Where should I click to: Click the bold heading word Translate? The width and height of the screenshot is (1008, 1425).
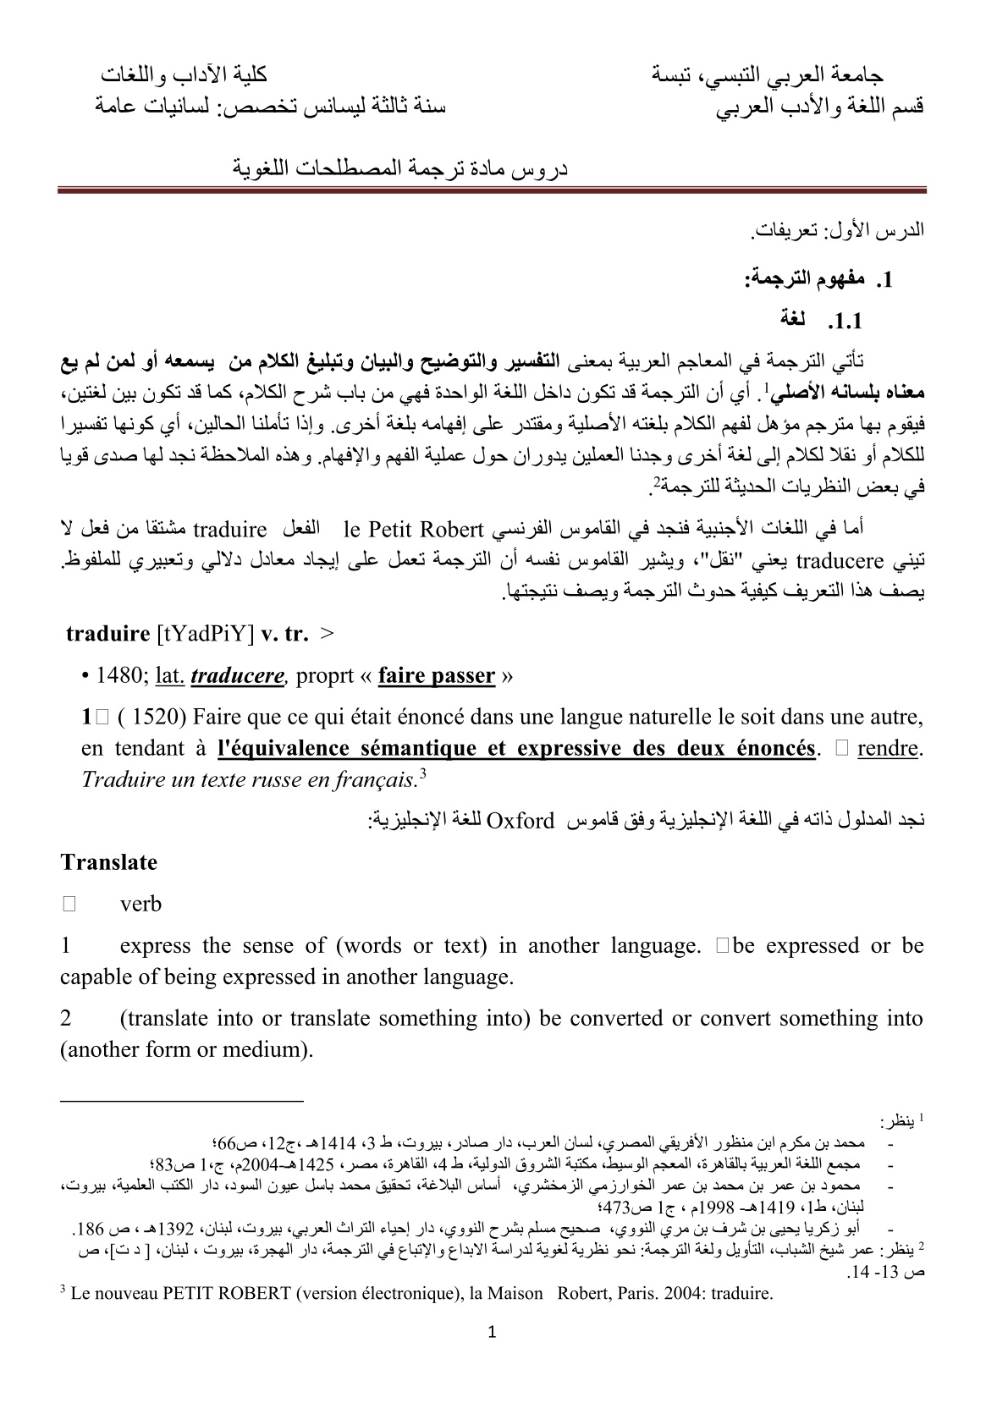pyautogui.click(x=108, y=862)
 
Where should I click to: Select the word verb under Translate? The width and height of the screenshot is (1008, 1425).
pyautogui.click(x=140, y=904)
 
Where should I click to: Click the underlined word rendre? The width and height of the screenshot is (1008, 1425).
pyautogui.click(x=887, y=748)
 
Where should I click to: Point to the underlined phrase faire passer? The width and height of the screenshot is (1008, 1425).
pyautogui.click(x=436, y=675)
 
